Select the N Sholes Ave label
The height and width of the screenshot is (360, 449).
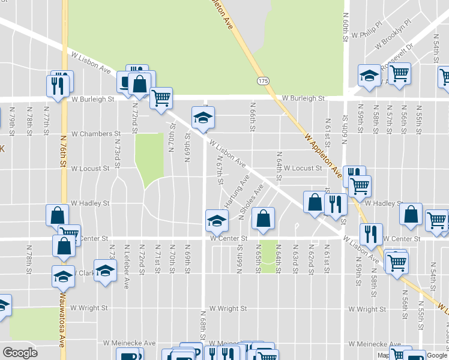pos(251,206)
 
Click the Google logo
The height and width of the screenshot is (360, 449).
pos(20,353)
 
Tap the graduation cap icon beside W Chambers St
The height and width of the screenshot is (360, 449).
pos(203,117)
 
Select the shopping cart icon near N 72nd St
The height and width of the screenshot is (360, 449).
pos(161,98)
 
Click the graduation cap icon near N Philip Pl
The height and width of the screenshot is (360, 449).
pos(369,75)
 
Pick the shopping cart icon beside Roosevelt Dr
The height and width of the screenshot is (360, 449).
pos(399,73)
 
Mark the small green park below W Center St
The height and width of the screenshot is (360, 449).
pos(269,256)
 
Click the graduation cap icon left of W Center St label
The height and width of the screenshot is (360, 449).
pos(217,221)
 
